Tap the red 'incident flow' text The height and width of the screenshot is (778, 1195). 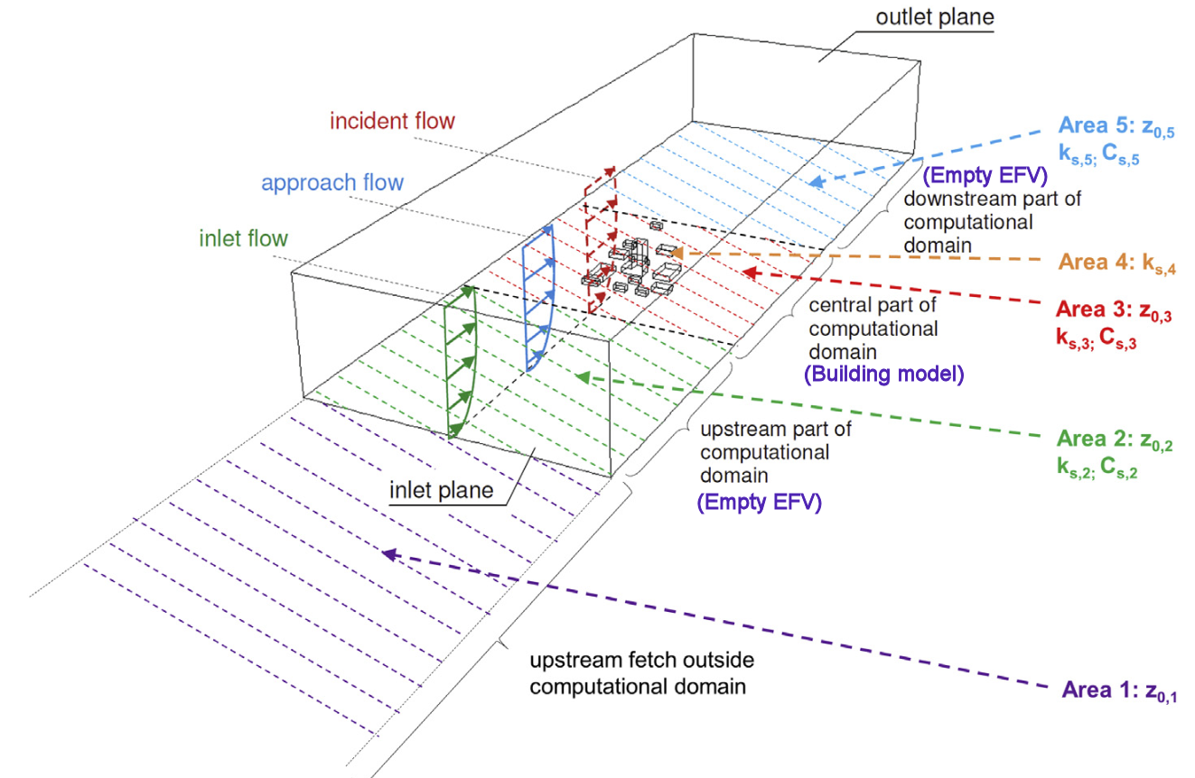(x=392, y=120)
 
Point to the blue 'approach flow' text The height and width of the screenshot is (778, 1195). (x=331, y=182)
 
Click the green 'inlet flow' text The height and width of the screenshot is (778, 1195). (x=243, y=239)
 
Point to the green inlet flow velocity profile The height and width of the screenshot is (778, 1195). (x=461, y=361)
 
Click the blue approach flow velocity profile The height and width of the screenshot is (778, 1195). (x=540, y=298)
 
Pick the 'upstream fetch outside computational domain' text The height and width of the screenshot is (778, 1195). (x=641, y=673)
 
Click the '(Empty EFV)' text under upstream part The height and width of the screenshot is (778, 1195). (x=760, y=504)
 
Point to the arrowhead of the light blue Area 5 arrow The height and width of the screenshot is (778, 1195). (x=817, y=182)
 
